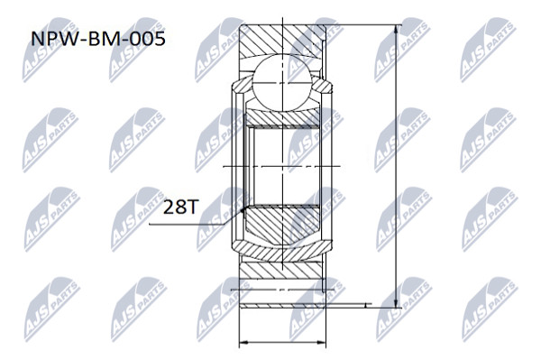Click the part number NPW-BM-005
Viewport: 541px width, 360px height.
click(x=98, y=39)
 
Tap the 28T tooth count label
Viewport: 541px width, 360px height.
click(x=180, y=207)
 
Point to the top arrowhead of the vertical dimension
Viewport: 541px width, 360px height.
click(x=396, y=30)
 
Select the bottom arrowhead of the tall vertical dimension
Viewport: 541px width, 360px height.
click(x=396, y=302)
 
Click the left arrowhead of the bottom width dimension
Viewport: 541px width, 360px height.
click(x=243, y=342)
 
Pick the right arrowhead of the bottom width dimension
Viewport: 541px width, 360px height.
click(x=321, y=342)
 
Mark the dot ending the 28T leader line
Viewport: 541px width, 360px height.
click(x=243, y=209)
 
